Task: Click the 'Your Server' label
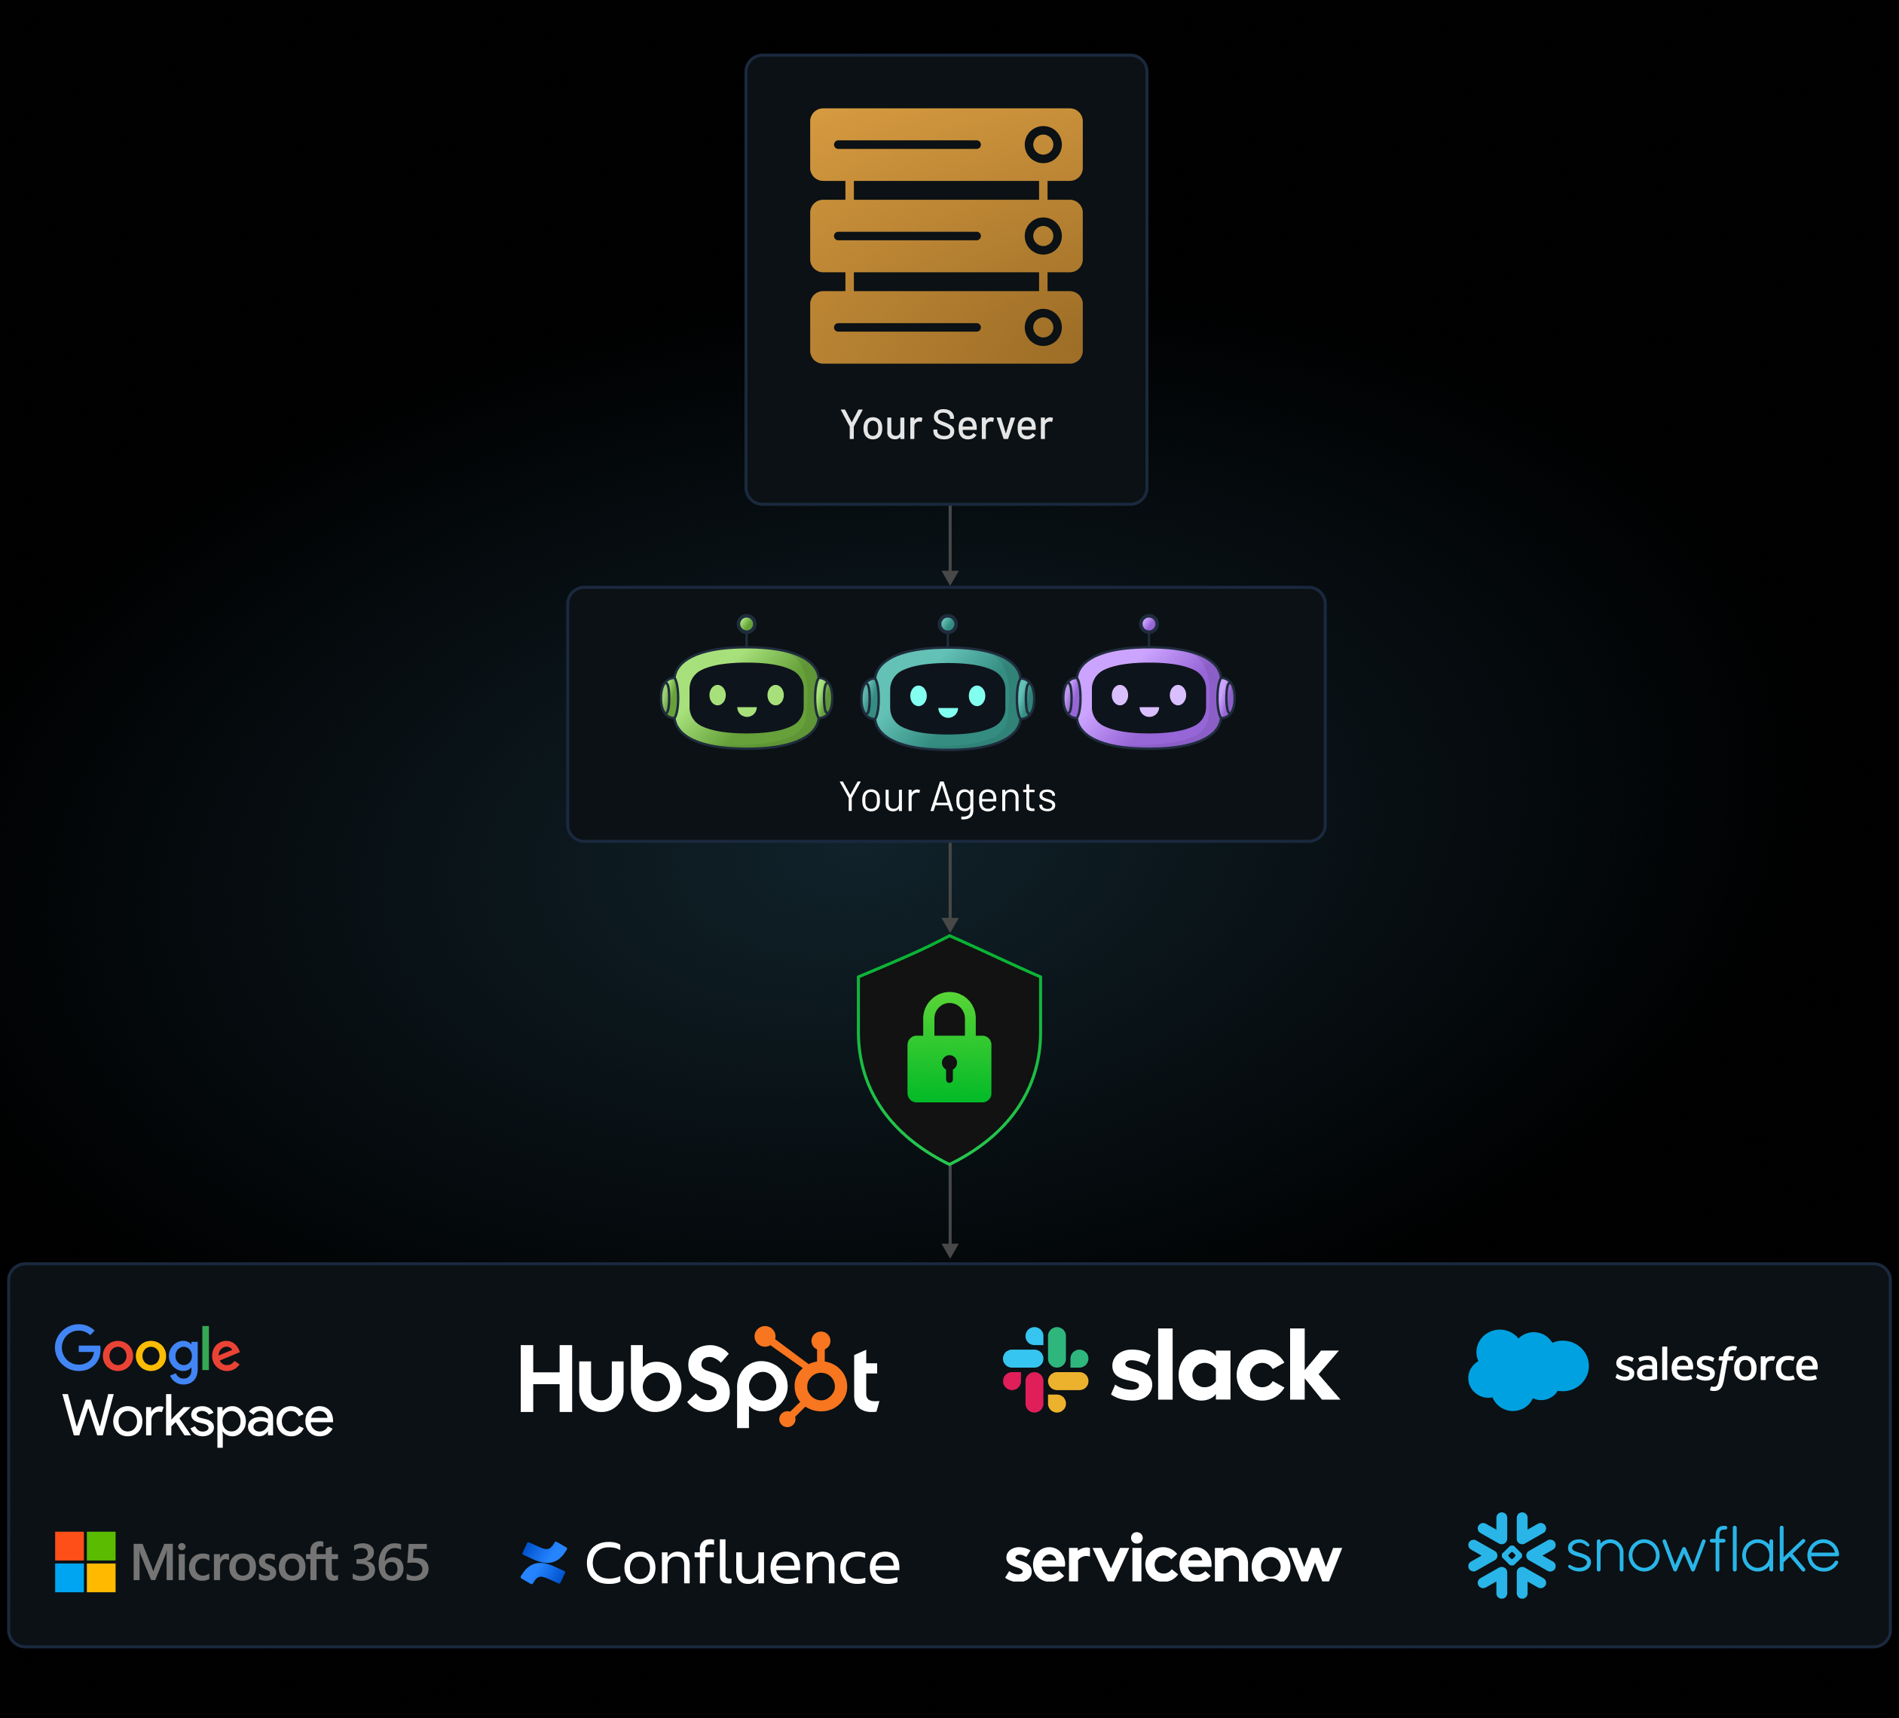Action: tap(946, 425)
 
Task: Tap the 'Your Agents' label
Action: tap(948, 797)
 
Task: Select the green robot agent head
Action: tap(747, 697)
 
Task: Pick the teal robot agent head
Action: tap(948, 697)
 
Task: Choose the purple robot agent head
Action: tap(1149, 697)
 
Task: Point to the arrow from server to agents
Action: tap(949, 546)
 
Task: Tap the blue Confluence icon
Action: tap(543, 1564)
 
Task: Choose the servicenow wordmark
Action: tap(1173, 1561)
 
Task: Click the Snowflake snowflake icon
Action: tap(1511, 1556)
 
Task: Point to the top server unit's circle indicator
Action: tap(1043, 145)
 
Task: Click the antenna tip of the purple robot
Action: tap(1149, 624)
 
